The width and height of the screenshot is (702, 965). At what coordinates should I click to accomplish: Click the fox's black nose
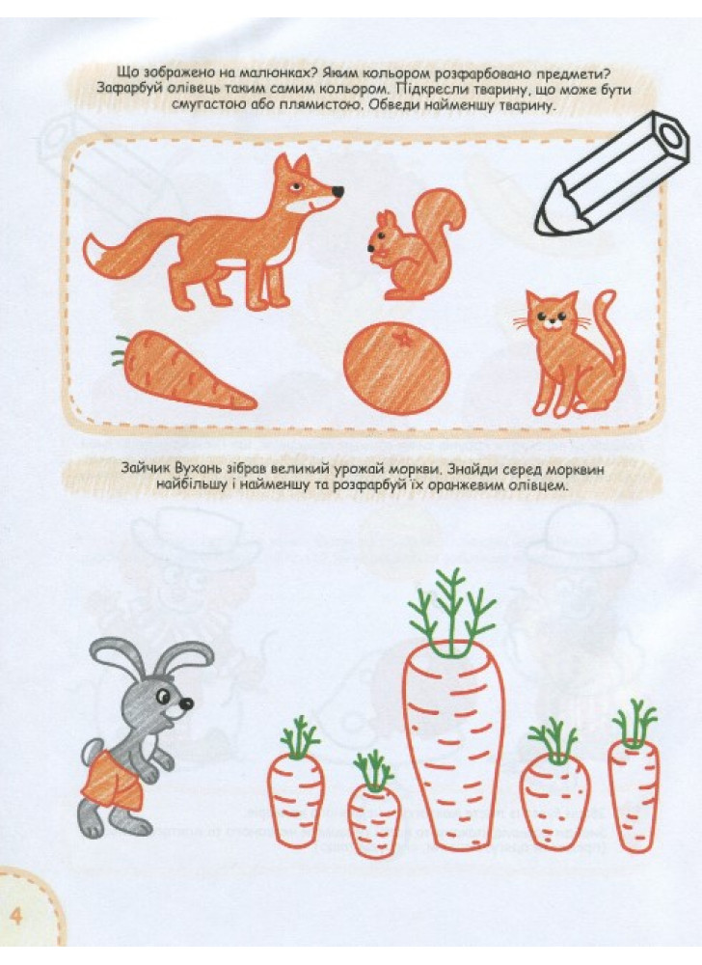337,191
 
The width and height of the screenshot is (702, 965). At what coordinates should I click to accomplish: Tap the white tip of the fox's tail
96,253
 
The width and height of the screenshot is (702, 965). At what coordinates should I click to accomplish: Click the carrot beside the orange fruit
184,370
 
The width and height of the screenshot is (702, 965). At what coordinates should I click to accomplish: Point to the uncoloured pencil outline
611,173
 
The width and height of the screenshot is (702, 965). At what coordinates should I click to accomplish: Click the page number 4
15,916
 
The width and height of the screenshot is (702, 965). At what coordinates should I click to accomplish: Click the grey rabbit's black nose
186,703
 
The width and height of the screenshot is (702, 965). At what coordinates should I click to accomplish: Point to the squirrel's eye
378,234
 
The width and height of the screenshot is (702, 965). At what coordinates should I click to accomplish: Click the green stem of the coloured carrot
120,349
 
